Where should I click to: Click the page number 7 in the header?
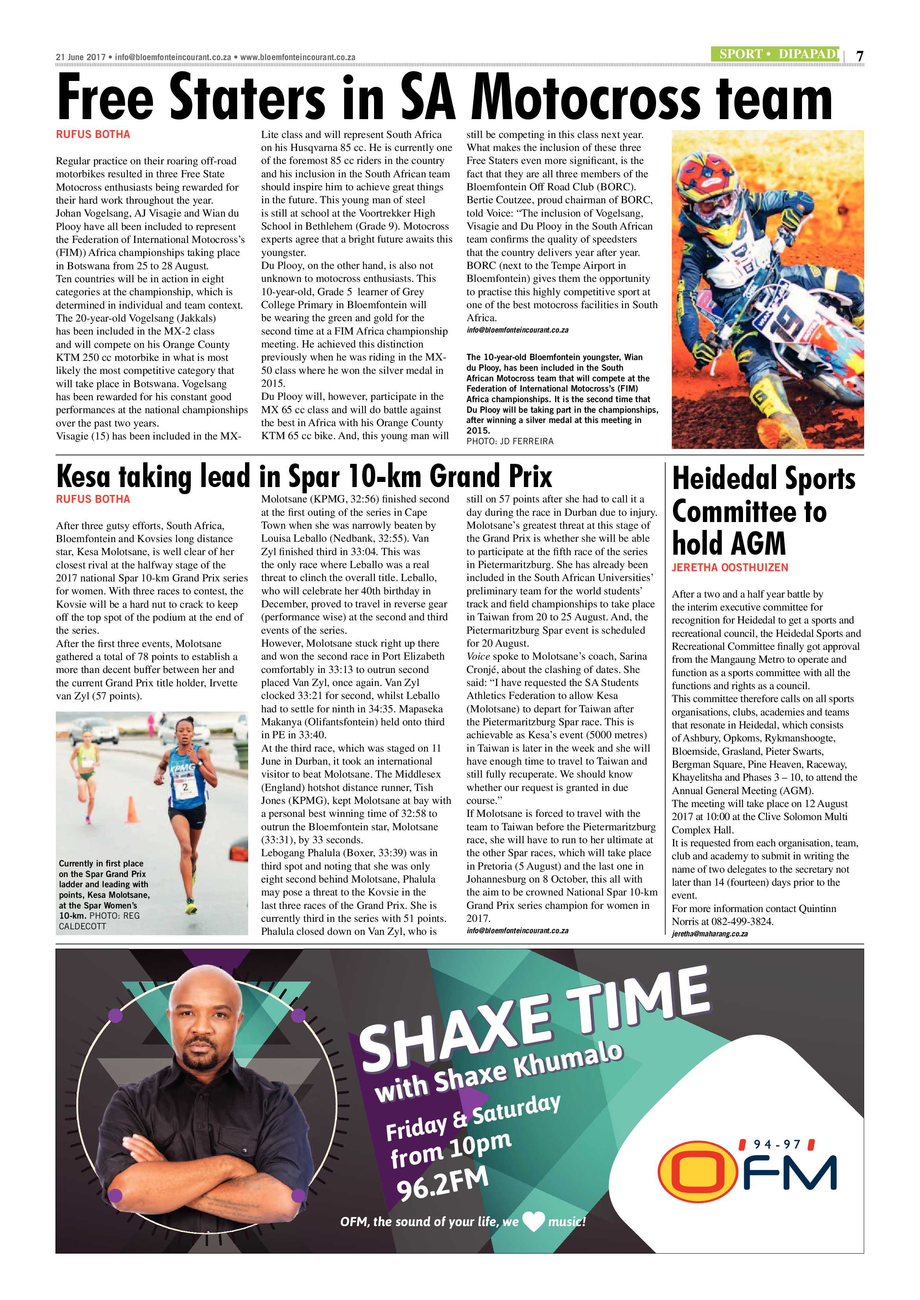(859, 56)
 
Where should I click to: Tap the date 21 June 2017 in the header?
(81, 57)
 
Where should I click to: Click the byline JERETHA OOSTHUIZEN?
(730, 567)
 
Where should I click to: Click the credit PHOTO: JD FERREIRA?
(510, 441)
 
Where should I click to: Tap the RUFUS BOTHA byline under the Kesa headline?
(93, 499)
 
